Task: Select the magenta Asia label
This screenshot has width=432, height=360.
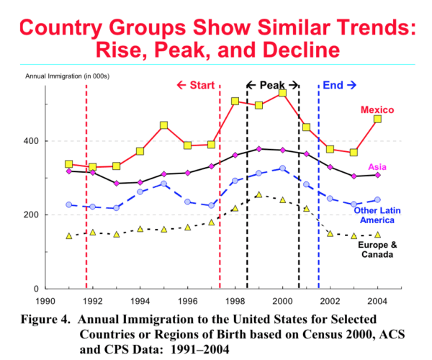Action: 387,167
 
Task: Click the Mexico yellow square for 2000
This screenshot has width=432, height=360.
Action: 282,93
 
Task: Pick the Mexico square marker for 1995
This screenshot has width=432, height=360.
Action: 164,125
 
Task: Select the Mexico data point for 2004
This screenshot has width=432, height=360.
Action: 377,119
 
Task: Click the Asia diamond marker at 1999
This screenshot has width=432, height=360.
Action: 258,148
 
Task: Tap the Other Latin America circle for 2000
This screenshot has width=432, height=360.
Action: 282,168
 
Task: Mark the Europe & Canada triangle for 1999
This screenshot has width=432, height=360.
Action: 258,194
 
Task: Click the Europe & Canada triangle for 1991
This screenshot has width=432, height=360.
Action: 68,236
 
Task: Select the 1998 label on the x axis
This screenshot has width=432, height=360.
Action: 235,300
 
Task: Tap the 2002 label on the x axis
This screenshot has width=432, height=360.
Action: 330,300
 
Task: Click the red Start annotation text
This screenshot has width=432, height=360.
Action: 196,85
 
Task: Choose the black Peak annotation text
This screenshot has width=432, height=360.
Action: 272,85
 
